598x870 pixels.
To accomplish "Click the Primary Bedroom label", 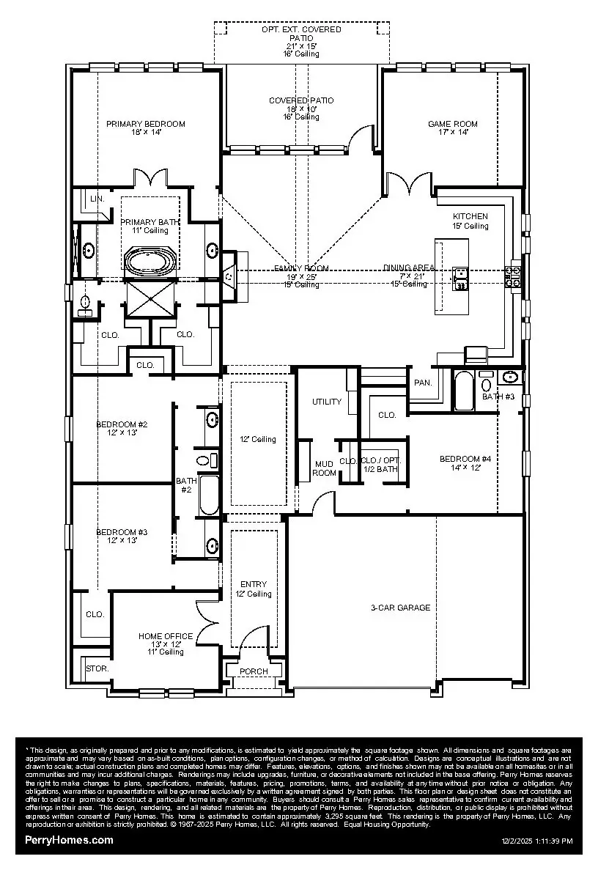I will click(x=145, y=124).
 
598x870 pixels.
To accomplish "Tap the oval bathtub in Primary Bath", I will click(x=151, y=262).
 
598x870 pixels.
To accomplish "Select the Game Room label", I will click(x=453, y=124).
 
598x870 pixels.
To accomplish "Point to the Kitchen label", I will click(x=470, y=216).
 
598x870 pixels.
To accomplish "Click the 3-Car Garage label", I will click(x=400, y=608).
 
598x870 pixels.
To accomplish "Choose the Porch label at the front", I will click(x=254, y=671).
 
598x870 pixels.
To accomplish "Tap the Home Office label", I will click(x=166, y=636).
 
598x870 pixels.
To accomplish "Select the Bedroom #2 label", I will click(x=122, y=424).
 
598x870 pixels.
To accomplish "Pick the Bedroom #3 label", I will click(x=122, y=532).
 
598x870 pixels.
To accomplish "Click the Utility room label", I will click(x=327, y=402).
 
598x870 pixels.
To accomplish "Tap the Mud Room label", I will click(x=324, y=468).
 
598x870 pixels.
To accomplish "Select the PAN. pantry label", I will click(x=423, y=383).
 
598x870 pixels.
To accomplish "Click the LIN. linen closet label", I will click(x=97, y=199).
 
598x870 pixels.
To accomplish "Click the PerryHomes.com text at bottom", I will click(x=69, y=840).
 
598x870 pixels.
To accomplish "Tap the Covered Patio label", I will click(x=301, y=100).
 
